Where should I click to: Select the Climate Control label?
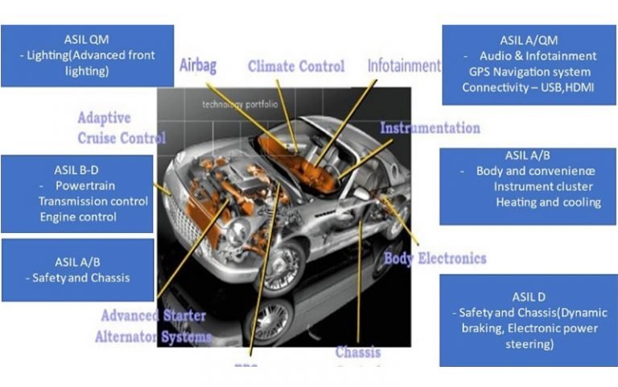click(295, 66)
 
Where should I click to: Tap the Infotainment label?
click(404, 65)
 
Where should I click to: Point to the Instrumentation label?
click(430, 128)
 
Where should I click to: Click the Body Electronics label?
click(435, 259)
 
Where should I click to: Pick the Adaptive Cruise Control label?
click(121, 128)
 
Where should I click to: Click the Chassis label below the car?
click(358, 352)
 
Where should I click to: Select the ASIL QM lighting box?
click(87, 55)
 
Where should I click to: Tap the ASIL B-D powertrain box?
click(77, 193)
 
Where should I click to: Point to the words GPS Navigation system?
click(529, 72)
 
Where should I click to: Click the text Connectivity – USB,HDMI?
click(528, 87)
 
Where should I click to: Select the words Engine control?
click(78, 216)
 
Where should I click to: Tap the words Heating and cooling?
click(548, 202)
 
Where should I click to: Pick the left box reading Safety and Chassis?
click(77, 269)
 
